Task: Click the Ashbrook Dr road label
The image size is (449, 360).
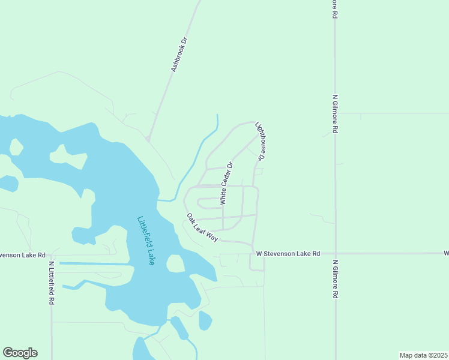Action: pyautogui.click(x=179, y=55)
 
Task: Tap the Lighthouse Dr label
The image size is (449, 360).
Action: pyautogui.click(x=260, y=141)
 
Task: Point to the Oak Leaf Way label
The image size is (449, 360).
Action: pyautogui.click(x=202, y=227)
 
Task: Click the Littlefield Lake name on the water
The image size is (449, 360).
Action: pyautogui.click(x=146, y=241)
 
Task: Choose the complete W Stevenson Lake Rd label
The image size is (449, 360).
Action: pyautogui.click(x=288, y=254)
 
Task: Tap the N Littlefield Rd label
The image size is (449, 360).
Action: pyautogui.click(x=52, y=283)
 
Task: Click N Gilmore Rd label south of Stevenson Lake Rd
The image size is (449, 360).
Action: pyautogui.click(x=336, y=279)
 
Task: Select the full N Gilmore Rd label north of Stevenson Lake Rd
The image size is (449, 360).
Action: pyautogui.click(x=336, y=113)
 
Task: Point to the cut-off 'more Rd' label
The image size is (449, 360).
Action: pyautogui.click(x=334, y=9)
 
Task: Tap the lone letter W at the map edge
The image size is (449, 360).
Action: pyautogui.click(x=446, y=254)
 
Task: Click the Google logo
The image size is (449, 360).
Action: pyautogui.click(x=20, y=353)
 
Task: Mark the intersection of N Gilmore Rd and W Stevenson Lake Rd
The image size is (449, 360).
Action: pyautogui.click(x=336, y=253)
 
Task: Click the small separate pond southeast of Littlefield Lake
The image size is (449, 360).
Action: pyautogui.click(x=205, y=320)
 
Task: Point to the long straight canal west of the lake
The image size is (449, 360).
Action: pyautogui.click(x=93, y=263)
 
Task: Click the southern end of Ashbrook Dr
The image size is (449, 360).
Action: pyautogui.click(x=148, y=139)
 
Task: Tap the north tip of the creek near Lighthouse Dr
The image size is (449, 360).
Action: pyautogui.click(x=217, y=115)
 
